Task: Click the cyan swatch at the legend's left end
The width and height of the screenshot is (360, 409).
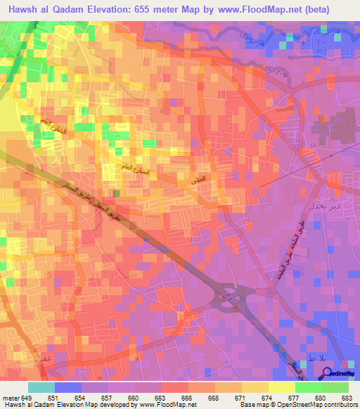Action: [x=41, y=387]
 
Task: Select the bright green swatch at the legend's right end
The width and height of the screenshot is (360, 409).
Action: [x=335, y=387]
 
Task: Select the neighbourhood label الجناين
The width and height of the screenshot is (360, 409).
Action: [x=199, y=180]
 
